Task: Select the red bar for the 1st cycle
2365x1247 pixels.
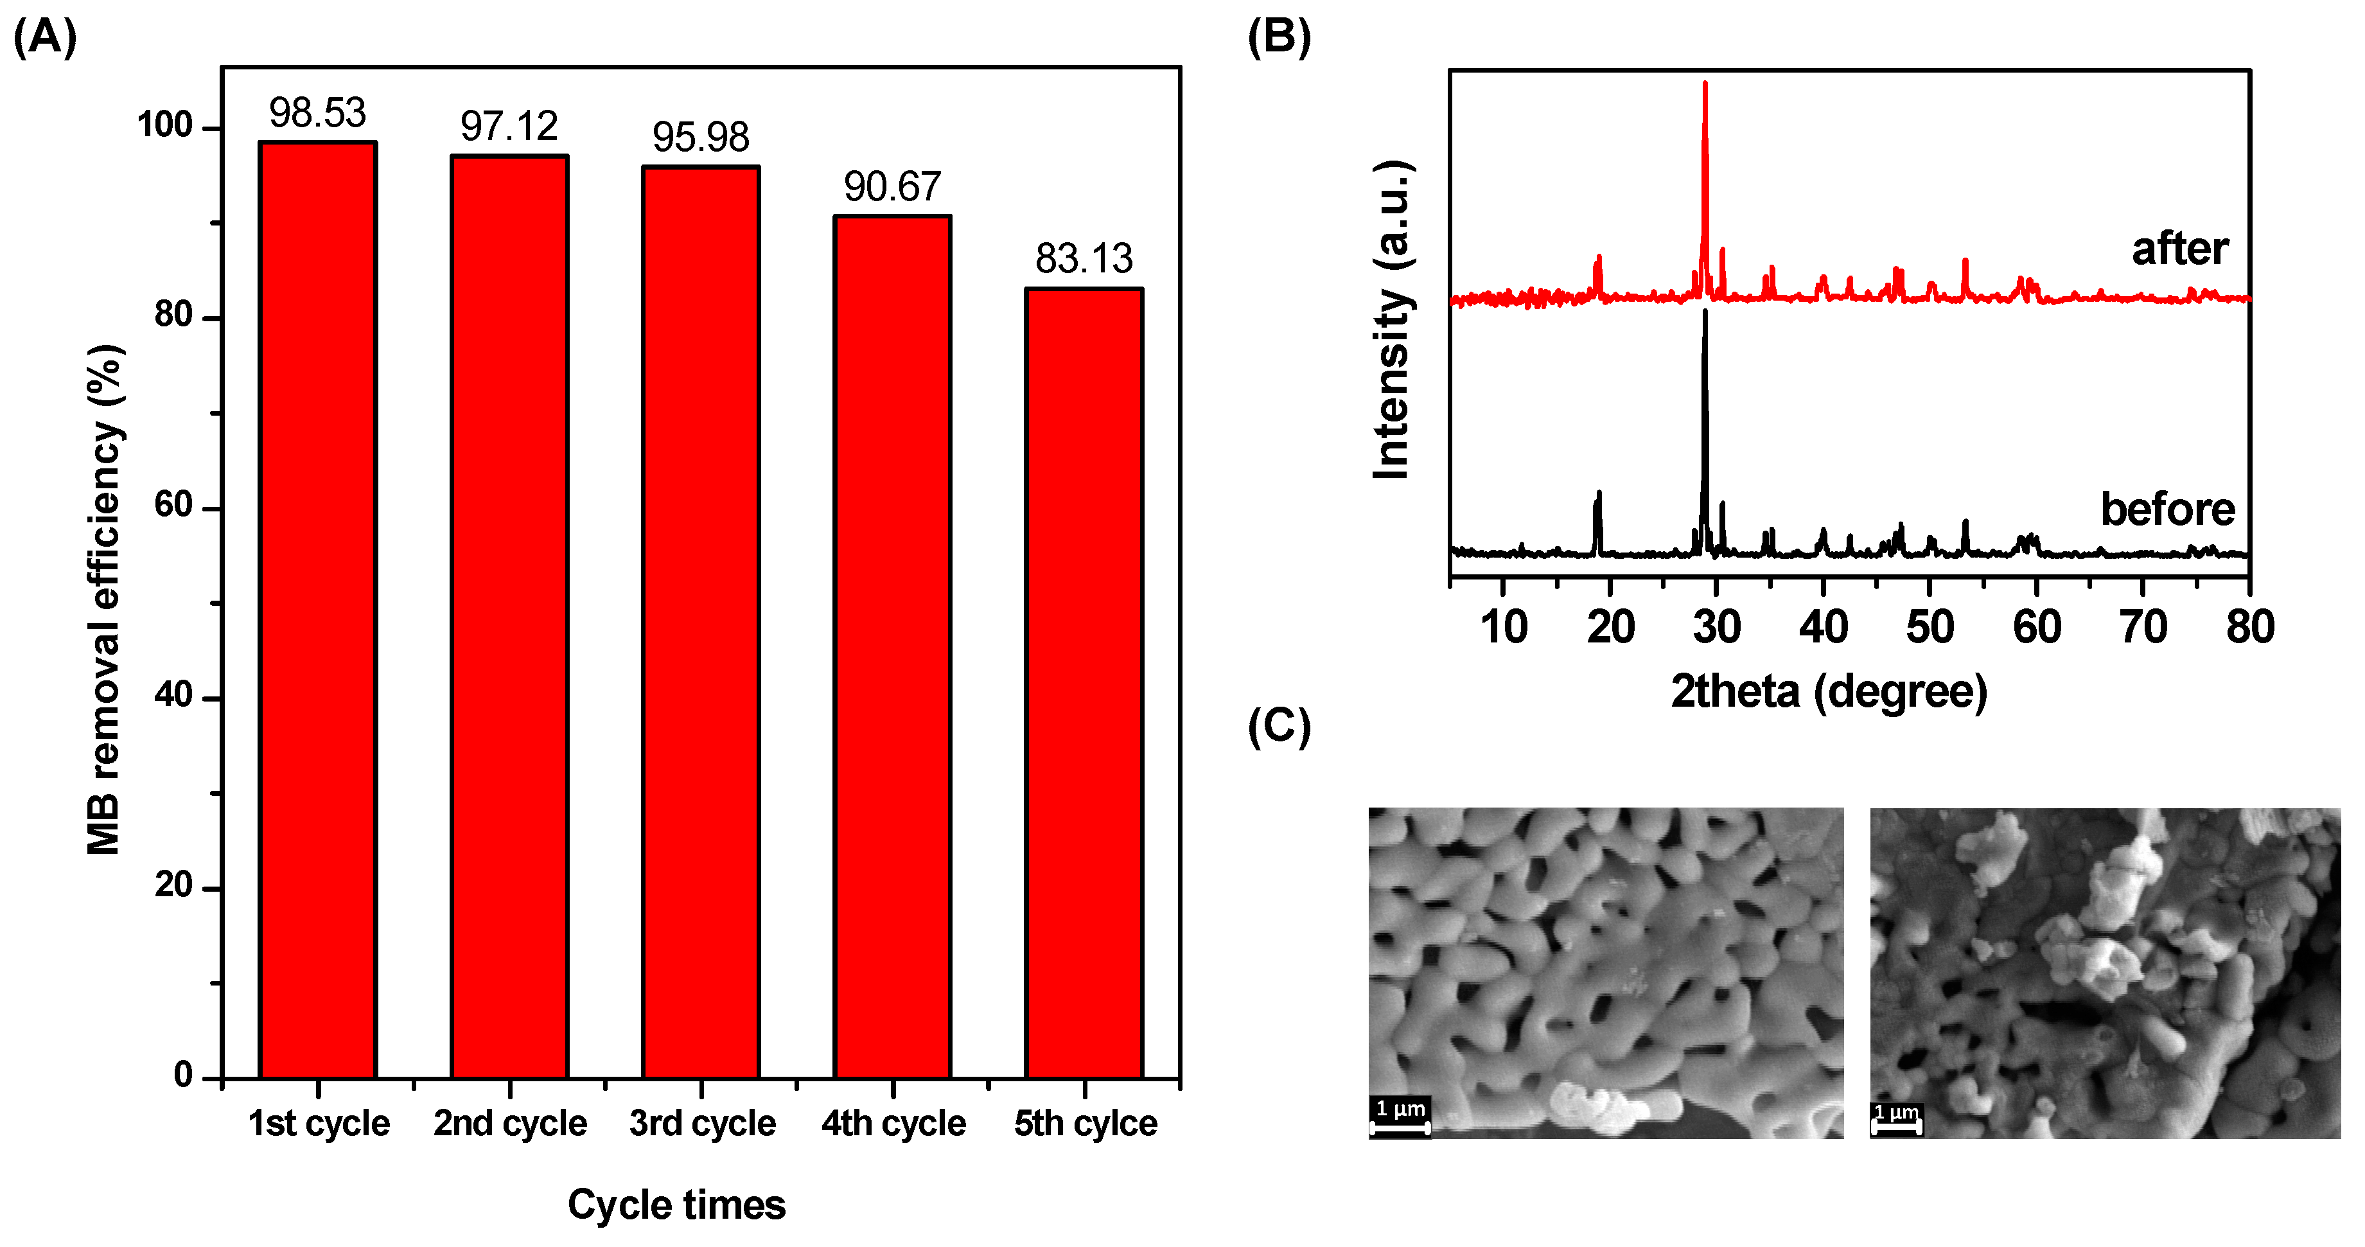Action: click(318, 610)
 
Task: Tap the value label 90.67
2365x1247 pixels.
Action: click(892, 188)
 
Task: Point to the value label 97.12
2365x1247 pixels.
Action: click(509, 127)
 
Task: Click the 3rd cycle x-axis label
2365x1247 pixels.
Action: click(702, 1123)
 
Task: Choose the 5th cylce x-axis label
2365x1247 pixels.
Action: click(1085, 1123)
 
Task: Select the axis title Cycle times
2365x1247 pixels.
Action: click(676, 1205)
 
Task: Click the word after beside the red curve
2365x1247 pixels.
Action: click(2179, 249)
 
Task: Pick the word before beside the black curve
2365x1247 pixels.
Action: click(2168, 509)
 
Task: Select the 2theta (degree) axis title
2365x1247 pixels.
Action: click(1829, 691)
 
